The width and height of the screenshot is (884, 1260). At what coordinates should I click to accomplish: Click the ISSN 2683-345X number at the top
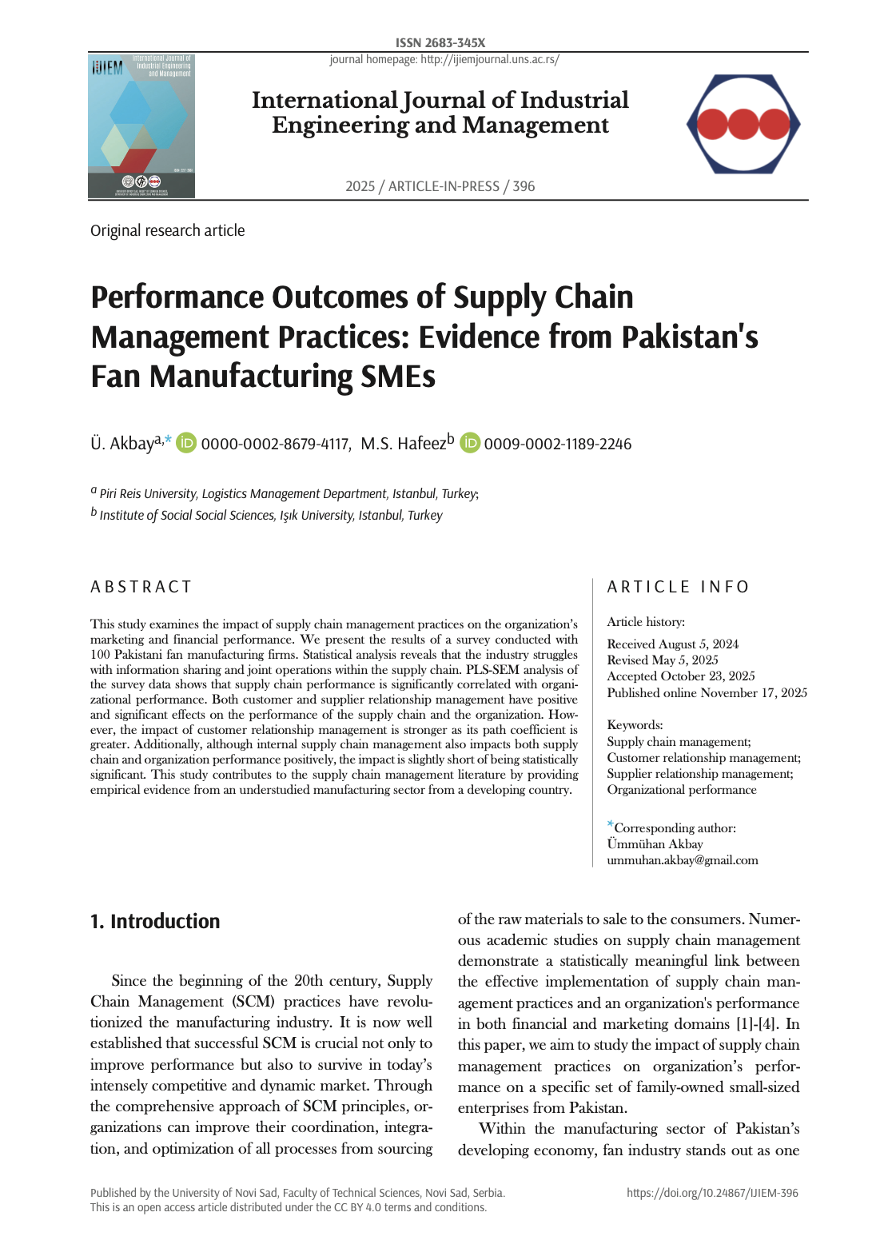(x=440, y=42)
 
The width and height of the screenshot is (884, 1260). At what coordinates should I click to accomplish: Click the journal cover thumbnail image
(x=141, y=126)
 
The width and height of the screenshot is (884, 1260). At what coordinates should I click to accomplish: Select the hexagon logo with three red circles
(x=743, y=124)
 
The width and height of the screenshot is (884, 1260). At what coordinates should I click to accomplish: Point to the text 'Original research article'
(x=168, y=230)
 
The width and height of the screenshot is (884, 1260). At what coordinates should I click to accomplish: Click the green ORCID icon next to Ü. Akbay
(x=186, y=443)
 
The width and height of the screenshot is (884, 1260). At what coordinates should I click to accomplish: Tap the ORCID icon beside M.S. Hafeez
(x=469, y=443)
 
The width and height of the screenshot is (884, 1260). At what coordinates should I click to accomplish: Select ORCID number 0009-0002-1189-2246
(x=557, y=444)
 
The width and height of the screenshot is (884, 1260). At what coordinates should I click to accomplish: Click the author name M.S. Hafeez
(x=403, y=444)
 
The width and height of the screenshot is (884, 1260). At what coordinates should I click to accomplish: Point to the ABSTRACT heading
(x=141, y=587)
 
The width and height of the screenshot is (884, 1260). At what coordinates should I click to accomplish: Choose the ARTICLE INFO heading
(x=678, y=587)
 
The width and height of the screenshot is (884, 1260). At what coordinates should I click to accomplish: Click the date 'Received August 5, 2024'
(x=672, y=644)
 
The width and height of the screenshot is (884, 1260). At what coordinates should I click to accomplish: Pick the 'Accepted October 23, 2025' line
(x=680, y=676)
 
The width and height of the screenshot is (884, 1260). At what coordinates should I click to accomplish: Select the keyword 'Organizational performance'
(x=681, y=790)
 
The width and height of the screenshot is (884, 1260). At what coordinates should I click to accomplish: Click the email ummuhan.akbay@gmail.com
(x=682, y=860)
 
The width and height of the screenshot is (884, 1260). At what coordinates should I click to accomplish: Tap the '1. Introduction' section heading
(x=155, y=921)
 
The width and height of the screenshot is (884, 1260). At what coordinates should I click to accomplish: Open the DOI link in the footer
(x=712, y=1193)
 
